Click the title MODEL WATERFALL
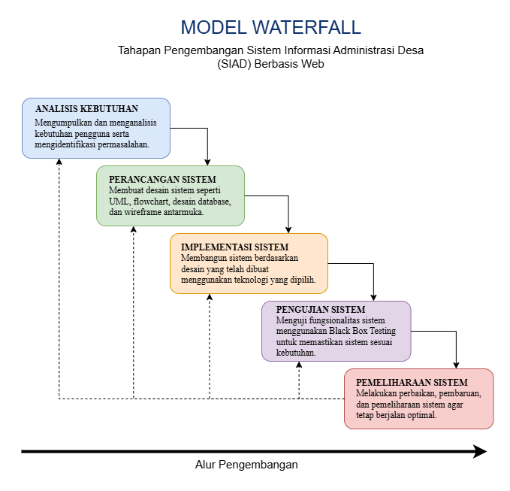270,27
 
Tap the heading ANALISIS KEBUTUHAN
86,109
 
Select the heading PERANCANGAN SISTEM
162,180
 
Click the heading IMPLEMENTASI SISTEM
234,247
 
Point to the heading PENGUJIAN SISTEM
321,309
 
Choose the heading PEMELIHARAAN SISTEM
412,382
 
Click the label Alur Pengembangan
246,465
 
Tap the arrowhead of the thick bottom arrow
480,451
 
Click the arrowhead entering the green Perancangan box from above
207,162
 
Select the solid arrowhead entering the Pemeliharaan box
456,365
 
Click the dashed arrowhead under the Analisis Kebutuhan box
59,162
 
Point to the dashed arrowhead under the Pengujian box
299,365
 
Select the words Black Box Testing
362,331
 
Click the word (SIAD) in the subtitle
234,64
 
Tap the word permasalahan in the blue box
123,144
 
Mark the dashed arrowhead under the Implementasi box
210,297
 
